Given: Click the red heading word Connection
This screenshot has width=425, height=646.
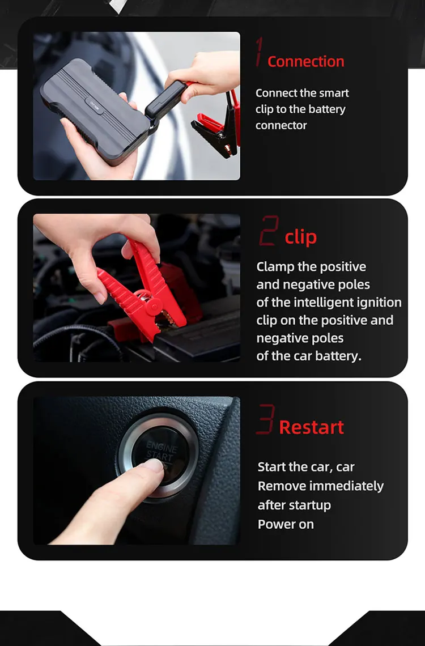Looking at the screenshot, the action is [x=305, y=61].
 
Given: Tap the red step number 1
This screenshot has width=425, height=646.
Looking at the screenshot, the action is [x=258, y=52].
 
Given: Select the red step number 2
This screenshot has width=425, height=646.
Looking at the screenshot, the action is [x=269, y=231].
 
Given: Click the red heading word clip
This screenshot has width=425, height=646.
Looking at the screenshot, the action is [x=301, y=237].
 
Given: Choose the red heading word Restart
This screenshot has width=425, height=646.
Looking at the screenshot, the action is [x=311, y=427].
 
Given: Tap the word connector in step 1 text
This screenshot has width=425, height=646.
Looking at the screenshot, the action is [x=281, y=125].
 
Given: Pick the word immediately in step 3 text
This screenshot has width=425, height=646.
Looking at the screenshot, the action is [x=346, y=486].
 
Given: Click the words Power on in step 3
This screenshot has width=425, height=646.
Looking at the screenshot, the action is [x=286, y=525].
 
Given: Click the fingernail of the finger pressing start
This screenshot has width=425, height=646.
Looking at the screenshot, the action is [x=155, y=466].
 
